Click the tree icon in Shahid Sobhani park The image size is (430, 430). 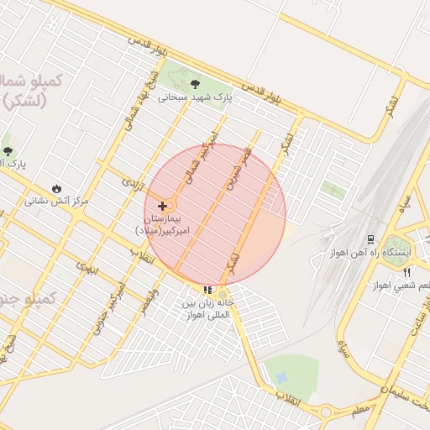point(196,83)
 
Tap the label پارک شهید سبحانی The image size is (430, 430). point(194,97)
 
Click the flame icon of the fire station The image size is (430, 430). point(56,187)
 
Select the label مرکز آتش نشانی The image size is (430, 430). point(56,201)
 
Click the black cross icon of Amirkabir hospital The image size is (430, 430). point(162,206)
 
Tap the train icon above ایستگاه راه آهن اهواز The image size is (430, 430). point(371,239)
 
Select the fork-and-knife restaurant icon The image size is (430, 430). point(406,272)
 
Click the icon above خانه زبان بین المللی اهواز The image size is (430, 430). point(207,290)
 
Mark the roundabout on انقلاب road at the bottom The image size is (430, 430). point(324,412)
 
